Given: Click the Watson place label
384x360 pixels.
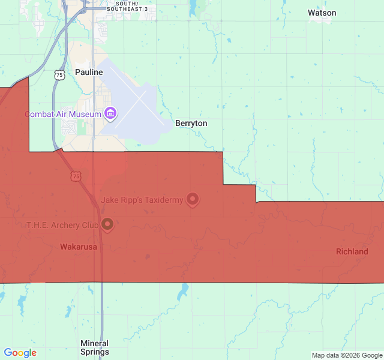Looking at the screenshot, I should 322,13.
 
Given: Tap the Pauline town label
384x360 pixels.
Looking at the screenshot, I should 89,72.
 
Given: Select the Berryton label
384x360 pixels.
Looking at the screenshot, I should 191,123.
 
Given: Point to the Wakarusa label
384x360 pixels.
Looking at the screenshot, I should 79,247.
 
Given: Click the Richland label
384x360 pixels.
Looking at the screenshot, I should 352,251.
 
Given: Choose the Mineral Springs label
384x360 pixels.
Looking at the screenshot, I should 95,347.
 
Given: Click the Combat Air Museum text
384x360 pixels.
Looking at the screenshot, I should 62,113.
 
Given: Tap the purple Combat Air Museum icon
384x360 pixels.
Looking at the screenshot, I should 110,113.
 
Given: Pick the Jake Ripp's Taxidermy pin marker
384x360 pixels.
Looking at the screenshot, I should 192,199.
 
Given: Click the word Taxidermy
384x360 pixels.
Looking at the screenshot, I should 163,200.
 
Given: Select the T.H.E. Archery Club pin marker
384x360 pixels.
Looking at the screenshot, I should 108,224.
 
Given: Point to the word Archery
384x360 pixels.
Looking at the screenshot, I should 67,225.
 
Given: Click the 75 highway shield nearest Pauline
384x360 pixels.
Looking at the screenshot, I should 58,74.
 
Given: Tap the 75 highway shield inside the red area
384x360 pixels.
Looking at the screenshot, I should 75,176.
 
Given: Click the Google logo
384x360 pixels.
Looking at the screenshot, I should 20,353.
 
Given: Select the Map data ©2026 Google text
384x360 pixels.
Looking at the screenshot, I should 346,355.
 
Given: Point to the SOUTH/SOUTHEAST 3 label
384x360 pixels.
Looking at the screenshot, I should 127,7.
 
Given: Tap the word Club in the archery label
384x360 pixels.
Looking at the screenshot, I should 90,225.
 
